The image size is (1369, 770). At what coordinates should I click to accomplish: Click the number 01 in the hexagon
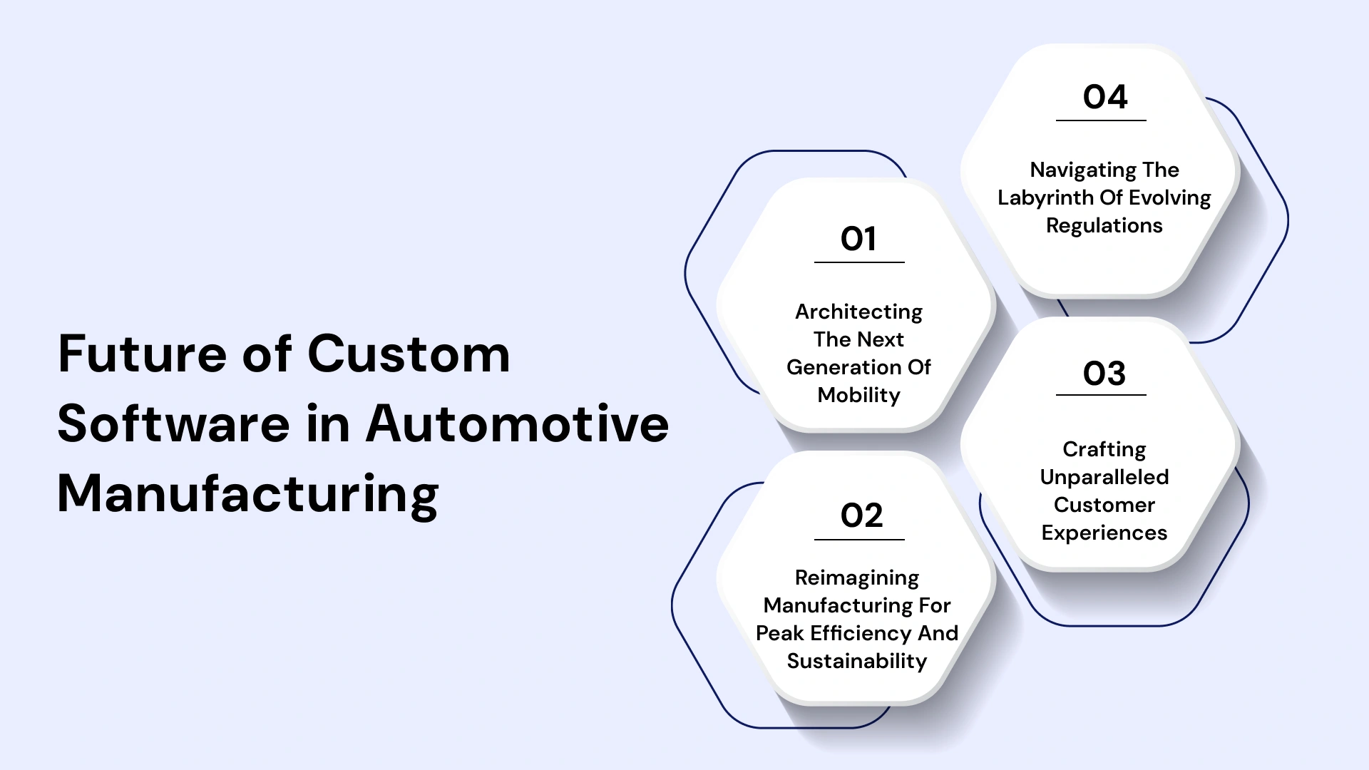(858, 239)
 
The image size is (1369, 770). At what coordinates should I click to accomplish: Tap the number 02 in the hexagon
(861, 515)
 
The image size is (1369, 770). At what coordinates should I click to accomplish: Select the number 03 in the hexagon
(1104, 374)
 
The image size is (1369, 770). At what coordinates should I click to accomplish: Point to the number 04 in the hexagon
(1104, 97)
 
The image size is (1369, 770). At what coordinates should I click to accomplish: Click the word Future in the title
(142, 354)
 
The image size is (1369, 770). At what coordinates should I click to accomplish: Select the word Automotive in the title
(517, 424)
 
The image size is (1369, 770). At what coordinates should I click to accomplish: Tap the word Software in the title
(173, 424)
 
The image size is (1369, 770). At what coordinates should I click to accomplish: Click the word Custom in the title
(409, 354)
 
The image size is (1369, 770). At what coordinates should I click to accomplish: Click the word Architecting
(858, 312)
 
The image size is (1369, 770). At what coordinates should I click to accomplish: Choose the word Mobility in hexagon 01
(858, 395)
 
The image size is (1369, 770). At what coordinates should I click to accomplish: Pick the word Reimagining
(857, 577)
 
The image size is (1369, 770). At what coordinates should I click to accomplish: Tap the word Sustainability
(857, 661)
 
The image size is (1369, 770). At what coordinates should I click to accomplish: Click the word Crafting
(1104, 449)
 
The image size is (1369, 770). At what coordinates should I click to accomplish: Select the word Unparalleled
(1104, 477)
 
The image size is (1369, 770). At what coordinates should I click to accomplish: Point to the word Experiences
(1104, 533)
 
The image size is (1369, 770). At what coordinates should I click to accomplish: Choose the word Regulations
(1104, 225)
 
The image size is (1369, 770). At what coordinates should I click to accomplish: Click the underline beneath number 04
(1101, 120)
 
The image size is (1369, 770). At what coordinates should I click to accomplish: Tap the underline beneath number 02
(859, 540)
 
